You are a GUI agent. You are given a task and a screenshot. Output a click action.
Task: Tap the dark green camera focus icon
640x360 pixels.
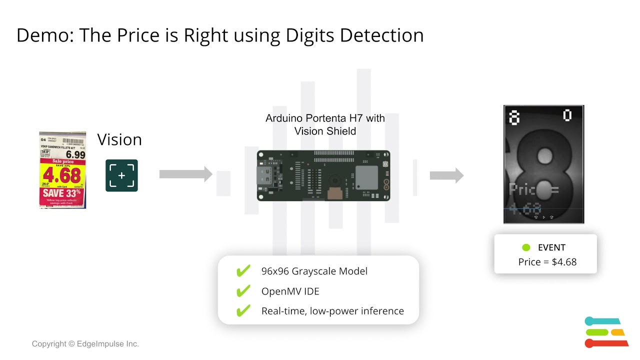pos(121,175)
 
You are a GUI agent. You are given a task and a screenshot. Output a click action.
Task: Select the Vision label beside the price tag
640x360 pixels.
pos(119,139)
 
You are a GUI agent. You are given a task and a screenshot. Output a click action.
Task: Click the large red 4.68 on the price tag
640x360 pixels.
pos(62,175)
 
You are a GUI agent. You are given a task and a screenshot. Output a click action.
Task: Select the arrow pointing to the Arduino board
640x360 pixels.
pos(185,174)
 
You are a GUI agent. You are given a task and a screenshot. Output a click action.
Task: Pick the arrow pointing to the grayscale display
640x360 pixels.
pos(446,175)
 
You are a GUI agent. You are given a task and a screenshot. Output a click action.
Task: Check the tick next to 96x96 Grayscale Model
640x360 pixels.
pos(243,271)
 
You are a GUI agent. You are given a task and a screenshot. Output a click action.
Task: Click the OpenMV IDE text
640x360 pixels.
pos(290,291)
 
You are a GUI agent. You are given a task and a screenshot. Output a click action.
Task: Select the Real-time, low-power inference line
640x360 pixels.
pos(332,311)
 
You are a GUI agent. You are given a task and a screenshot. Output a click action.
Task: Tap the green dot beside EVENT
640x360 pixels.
pos(526,247)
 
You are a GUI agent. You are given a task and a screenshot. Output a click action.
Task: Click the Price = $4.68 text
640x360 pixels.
pos(547,262)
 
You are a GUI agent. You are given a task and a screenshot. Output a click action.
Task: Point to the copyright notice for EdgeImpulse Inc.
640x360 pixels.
pos(85,344)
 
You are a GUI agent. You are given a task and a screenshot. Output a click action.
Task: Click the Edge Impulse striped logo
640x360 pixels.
pos(605,332)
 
